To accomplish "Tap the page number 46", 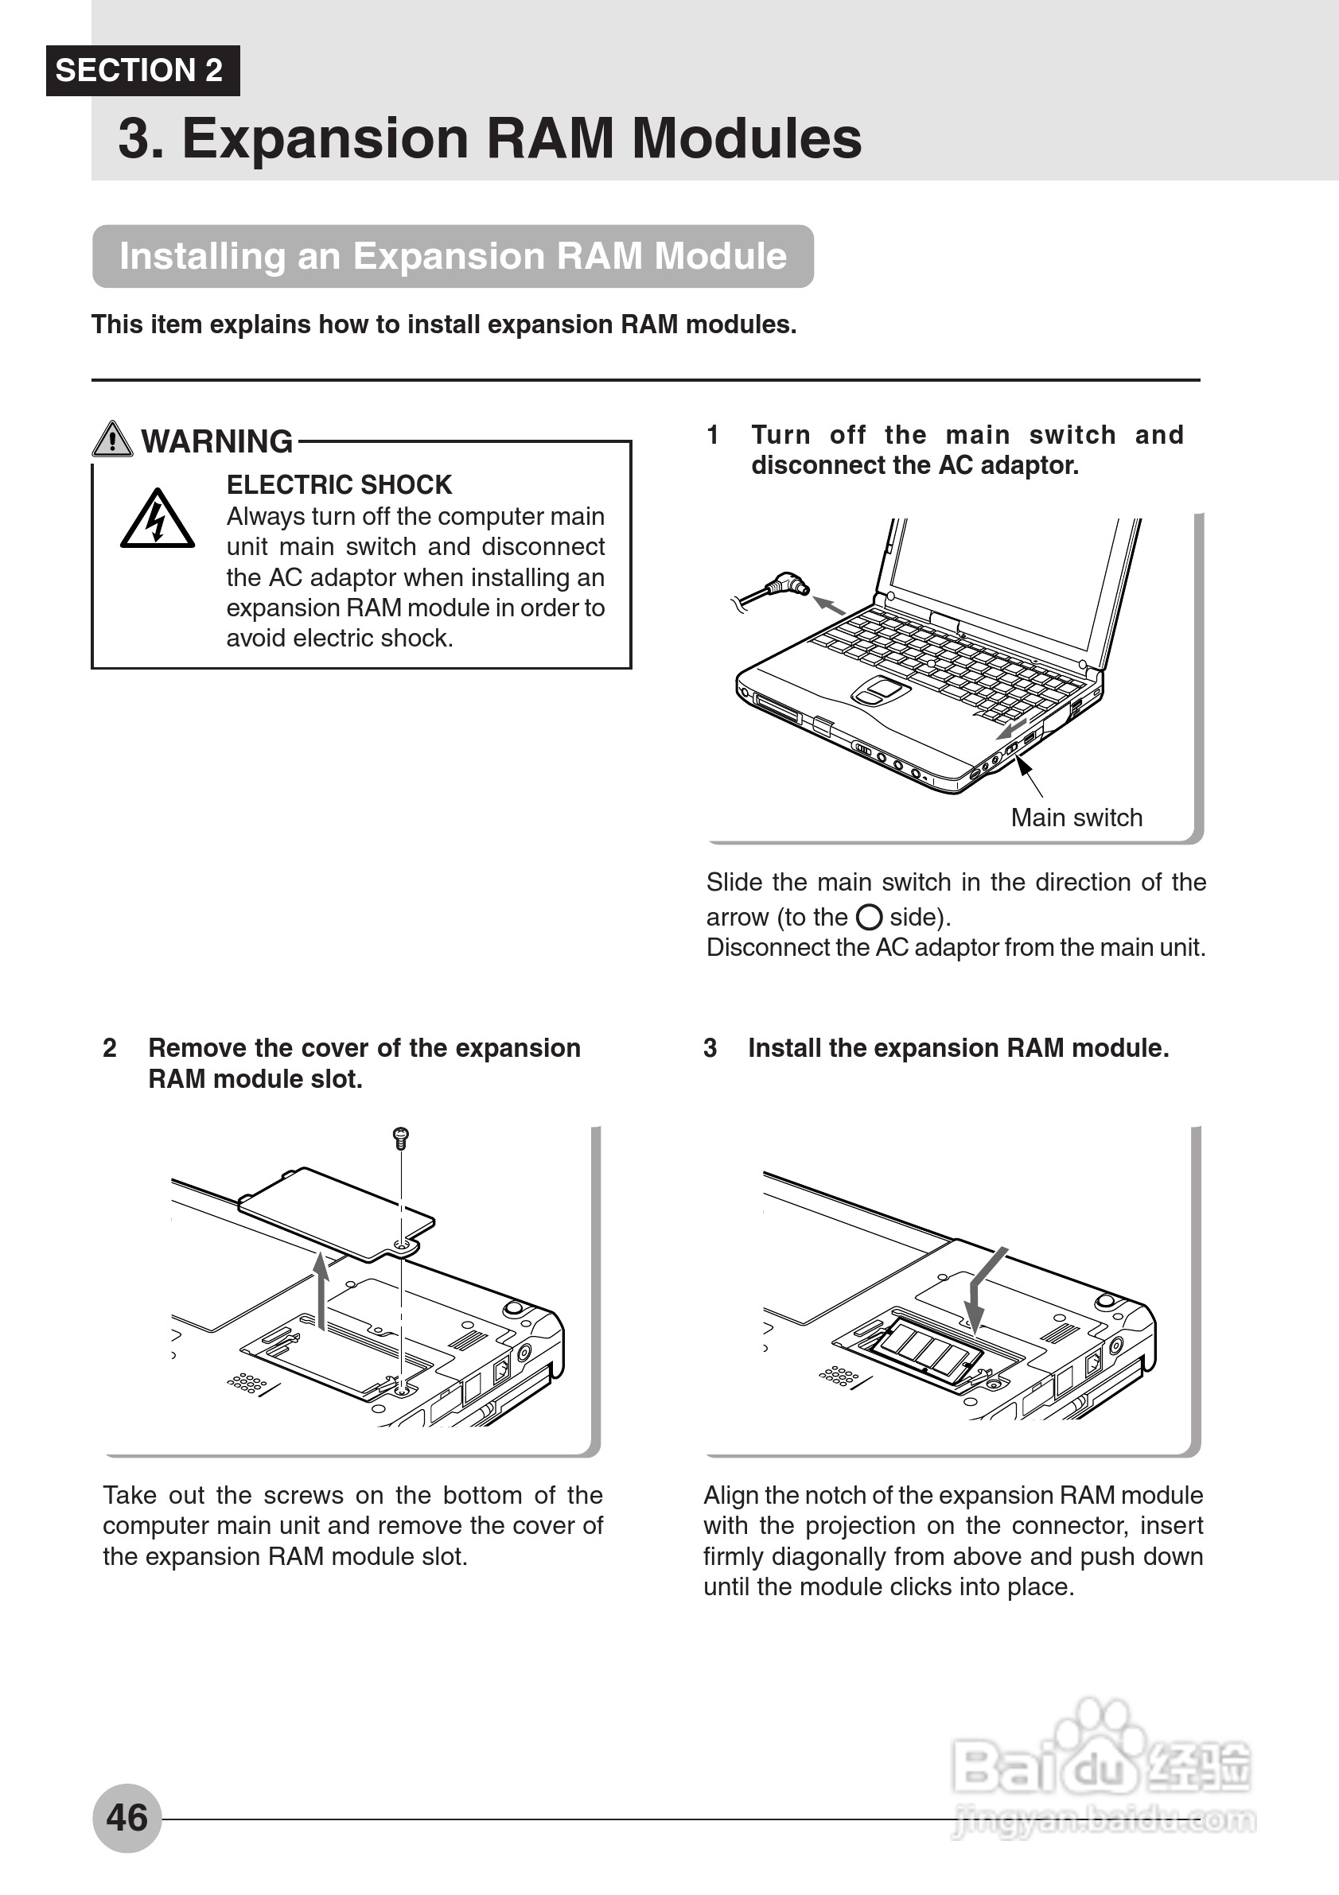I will (x=127, y=1817).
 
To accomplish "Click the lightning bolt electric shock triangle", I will (x=157, y=520).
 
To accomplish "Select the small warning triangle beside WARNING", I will (x=112, y=439).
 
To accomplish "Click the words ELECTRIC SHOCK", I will (x=339, y=484).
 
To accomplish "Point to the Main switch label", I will (x=1076, y=818).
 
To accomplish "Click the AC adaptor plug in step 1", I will (x=785, y=584).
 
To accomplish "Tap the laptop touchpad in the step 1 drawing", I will (x=881, y=689).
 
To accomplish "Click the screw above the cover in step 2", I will (x=401, y=1137).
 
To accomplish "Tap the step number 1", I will (x=712, y=435).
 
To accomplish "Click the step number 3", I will (x=710, y=1048).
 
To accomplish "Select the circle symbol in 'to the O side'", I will (x=869, y=917).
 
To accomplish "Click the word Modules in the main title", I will (x=746, y=138).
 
